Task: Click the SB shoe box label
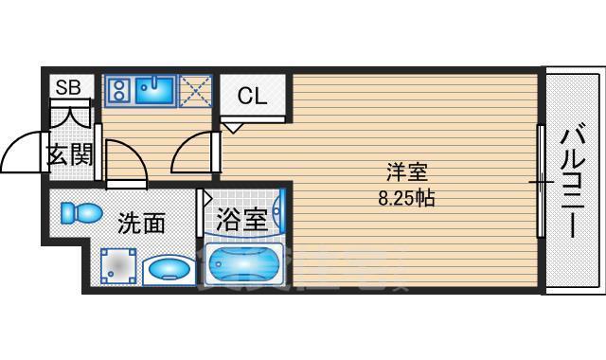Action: click(66, 87)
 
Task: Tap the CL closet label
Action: click(251, 96)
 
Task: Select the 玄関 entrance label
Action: click(69, 154)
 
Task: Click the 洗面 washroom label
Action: click(141, 224)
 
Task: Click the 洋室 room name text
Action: click(406, 173)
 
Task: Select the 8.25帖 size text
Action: click(406, 199)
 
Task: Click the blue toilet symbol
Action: click(80, 212)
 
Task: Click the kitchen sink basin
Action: click(154, 91)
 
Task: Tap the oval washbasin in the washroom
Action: click(170, 269)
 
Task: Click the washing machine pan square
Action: click(119, 266)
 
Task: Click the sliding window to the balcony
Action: click(541, 180)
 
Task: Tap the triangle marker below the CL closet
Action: click(232, 126)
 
